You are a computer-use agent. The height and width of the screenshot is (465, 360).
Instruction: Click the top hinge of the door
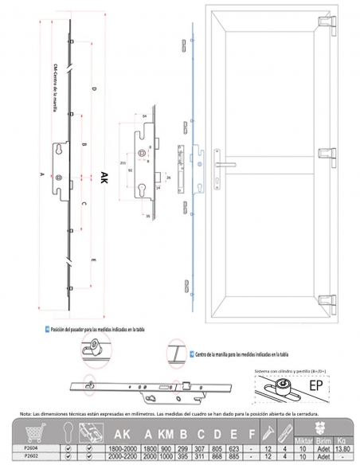point(329,24)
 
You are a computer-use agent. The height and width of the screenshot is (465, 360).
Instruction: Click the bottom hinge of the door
point(329,300)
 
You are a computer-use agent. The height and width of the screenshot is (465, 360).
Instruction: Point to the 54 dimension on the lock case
point(145,117)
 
